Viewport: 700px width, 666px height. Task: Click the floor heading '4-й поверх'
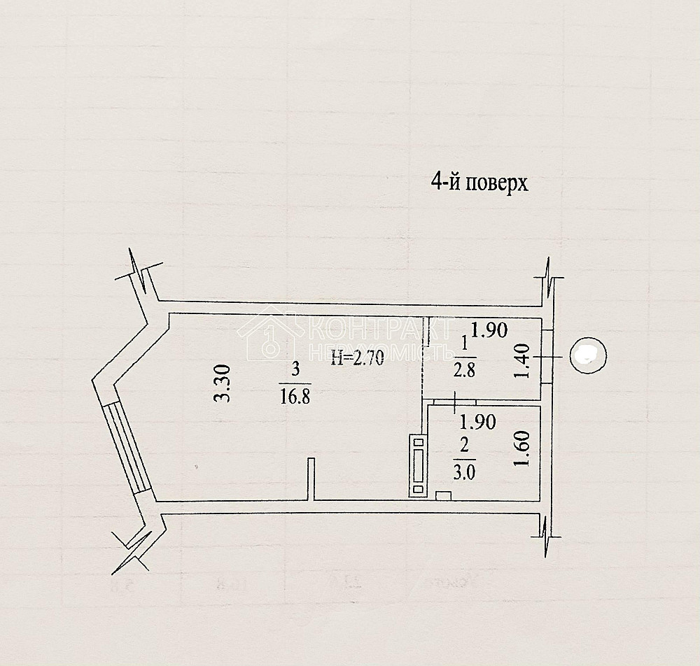(478, 183)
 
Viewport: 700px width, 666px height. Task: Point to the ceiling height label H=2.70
(356, 359)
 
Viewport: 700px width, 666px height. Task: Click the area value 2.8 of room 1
(463, 371)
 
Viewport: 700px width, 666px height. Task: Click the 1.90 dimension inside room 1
(488, 330)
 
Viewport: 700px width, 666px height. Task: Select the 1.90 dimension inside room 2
(477, 422)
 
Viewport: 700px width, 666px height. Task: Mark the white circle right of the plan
(587, 355)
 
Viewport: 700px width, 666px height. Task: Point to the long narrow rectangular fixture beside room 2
(418, 466)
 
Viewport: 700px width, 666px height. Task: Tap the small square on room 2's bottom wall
(443, 496)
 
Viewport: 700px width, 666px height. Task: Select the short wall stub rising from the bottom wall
(310, 479)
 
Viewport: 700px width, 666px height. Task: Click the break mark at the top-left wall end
(142, 274)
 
